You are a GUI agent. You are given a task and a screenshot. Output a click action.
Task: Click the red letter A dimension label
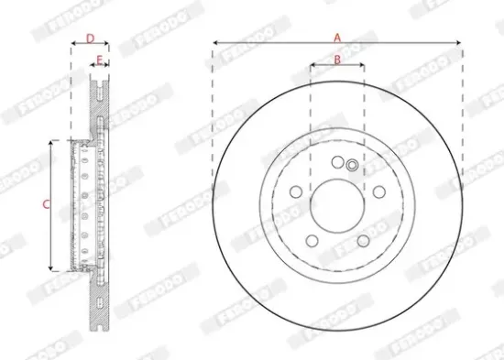tap(337, 38)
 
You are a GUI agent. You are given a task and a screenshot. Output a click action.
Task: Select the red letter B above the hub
tap(337, 60)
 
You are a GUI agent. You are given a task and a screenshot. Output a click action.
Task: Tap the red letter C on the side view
tap(46, 205)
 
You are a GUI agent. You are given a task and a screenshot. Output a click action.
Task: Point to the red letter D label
tap(89, 38)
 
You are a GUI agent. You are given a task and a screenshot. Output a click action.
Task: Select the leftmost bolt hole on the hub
tap(295, 192)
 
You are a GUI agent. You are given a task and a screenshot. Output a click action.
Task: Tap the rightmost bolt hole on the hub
tap(378, 192)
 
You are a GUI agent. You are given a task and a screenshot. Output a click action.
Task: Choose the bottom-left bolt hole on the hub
tap(311, 241)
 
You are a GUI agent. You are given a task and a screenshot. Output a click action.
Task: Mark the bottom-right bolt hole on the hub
tap(363, 241)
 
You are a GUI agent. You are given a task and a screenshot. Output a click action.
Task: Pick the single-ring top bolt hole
tap(336, 162)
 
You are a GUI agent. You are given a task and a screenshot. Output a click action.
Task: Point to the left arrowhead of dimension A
tap(214, 43)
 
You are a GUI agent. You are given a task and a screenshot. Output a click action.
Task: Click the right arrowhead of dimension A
tap(459, 43)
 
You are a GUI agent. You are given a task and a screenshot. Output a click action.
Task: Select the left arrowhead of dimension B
tap(312, 65)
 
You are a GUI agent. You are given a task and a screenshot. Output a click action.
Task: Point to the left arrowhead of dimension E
tap(93, 66)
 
